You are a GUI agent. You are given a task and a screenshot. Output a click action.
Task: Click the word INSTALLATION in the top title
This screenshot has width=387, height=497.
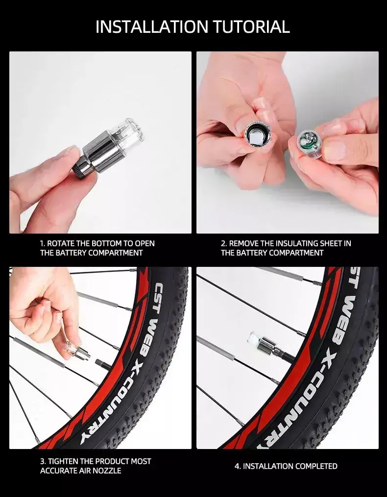click(152, 26)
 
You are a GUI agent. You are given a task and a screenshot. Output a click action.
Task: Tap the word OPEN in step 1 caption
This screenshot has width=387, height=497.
click(145, 243)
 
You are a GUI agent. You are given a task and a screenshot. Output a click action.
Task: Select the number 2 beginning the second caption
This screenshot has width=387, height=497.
click(224, 243)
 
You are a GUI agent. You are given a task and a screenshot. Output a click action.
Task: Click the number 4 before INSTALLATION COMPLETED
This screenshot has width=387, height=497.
click(237, 466)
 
